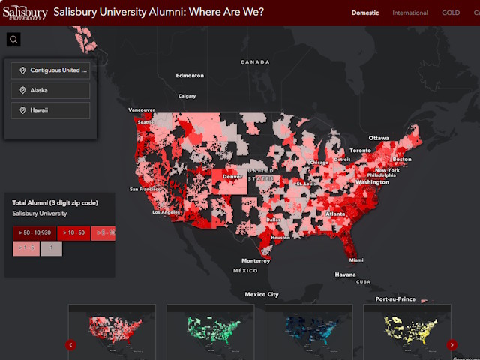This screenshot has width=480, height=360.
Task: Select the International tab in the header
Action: coord(410,13)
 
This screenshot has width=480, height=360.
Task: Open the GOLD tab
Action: coord(451,13)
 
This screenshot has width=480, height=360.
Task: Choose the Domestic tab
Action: coord(365,13)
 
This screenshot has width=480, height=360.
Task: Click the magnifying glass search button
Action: coord(13,40)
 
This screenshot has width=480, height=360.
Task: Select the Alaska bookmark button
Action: coord(50,90)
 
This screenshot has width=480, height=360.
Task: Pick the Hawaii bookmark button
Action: coord(50,110)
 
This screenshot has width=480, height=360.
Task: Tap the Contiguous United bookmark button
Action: coord(50,70)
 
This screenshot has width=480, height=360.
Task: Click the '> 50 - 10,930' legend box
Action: coord(36,232)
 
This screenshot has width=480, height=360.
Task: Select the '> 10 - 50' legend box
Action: coord(75,232)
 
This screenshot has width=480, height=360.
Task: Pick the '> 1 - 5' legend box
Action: coord(25,248)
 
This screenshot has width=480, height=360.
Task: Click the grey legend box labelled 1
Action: coord(51,248)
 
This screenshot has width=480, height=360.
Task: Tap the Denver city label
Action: coord(232,177)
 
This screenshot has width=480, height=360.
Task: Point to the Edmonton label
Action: coord(190,76)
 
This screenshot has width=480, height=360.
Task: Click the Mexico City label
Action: coord(262,295)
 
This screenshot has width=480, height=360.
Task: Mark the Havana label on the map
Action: coord(345,274)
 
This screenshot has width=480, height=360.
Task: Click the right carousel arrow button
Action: coord(451,345)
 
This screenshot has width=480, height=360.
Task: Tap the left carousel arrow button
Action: coord(70,345)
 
